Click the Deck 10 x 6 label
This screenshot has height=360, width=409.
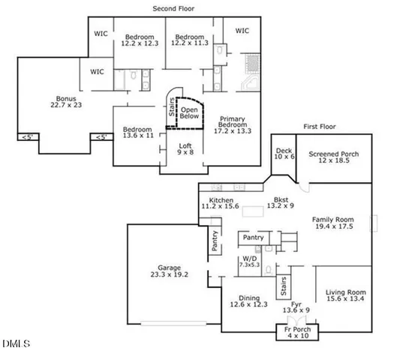coord(283,154)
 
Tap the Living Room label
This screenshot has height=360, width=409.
coord(346,296)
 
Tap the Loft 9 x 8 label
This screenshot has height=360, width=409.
coord(185,149)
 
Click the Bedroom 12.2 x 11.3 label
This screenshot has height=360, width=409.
coord(189,40)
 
